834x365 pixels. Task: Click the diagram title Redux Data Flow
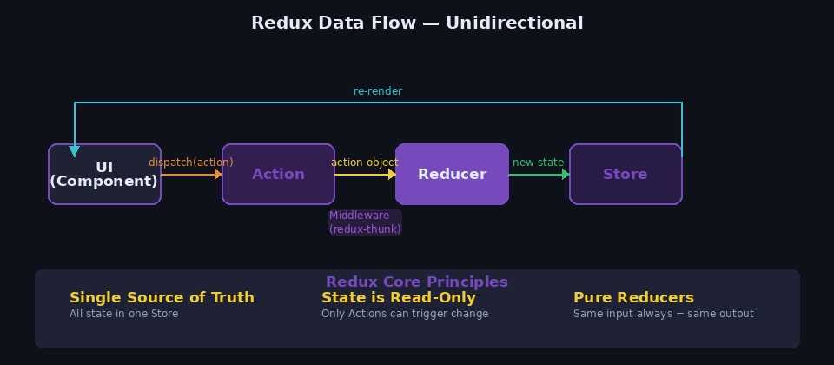[417, 23]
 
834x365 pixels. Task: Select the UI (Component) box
[104, 174]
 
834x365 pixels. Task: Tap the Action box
[278, 174]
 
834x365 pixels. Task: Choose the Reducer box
[452, 174]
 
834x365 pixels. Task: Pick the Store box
[625, 174]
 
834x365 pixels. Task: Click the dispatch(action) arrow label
[190, 163]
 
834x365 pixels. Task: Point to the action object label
[364, 163]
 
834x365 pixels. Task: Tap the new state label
[538, 163]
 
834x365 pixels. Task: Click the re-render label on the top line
[377, 91]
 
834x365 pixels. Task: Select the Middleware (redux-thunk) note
[365, 222]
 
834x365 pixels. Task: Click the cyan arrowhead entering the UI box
[75, 151]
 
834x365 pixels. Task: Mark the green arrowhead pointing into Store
[566, 175]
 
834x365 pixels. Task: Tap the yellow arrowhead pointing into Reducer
[392, 175]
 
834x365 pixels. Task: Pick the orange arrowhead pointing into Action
[218, 175]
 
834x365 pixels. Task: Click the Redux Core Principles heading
[417, 282]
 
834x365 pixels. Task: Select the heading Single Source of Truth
[162, 297]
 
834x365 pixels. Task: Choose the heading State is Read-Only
[399, 297]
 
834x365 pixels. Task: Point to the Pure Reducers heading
[633, 297]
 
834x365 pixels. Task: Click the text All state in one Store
[123, 314]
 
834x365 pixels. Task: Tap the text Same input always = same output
[663, 314]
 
